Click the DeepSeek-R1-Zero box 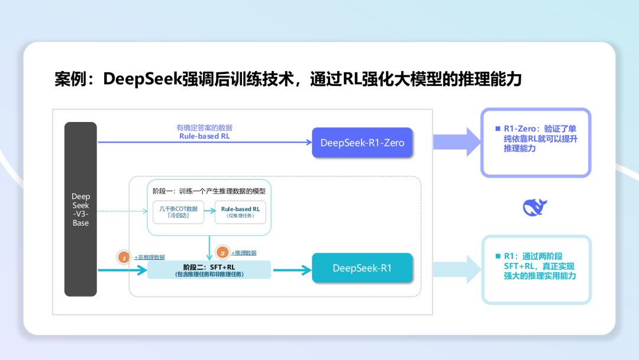(x=362, y=142)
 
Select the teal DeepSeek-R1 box (x=362, y=268)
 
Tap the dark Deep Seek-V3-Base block (x=80, y=209)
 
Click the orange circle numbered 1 (x=124, y=257)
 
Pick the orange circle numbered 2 (x=222, y=252)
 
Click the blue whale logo (x=535, y=207)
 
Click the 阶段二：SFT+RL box (x=209, y=270)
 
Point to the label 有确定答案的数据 (x=204, y=127)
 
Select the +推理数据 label (x=244, y=253)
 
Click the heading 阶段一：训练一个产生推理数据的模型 (x=209, y=191)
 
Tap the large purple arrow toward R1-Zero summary (x=456, y=142)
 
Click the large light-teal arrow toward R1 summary (x=456, y=269)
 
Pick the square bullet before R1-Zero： (x=498, y=128)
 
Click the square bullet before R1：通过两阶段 (x=498, y=256)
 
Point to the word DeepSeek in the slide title (x=142, y=79)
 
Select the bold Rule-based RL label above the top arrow (x=204, y=136)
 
